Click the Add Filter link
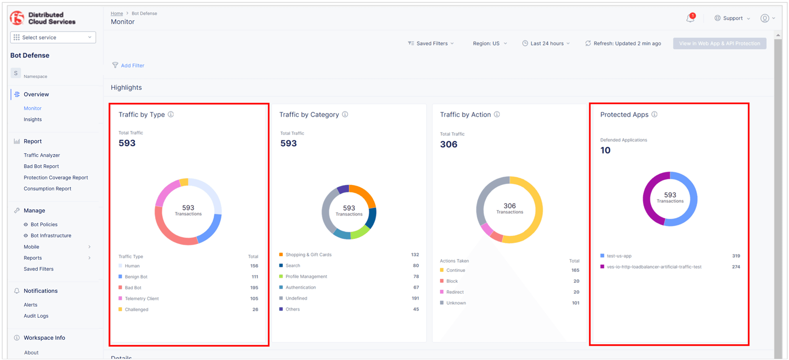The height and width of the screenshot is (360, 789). click(x=132, y=65)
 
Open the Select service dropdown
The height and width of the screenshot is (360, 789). click(x=53, y=37)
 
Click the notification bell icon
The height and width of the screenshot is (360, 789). click(x=690, y=18)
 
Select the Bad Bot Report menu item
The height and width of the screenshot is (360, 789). click(x=41, y=166)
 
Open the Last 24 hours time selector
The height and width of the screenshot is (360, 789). click(x=547, y=44)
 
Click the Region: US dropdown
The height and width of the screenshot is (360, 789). click(x=490, y=44)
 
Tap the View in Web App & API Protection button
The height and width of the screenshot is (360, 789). click(x=719, y=44)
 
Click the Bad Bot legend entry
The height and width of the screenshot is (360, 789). click(x=133, y=288)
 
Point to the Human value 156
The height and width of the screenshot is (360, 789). click(x=254, y=266)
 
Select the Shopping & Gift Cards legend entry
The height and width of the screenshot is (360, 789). click(x=308, y=255)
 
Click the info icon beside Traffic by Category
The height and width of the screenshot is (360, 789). click(x=345, y=114)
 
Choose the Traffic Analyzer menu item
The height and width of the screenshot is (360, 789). click(x=42, y=155)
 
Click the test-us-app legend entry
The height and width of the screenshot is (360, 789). click(x=619, y=256)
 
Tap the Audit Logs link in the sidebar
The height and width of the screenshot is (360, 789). click(x=36, y=316)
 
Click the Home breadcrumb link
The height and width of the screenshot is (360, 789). click(x=117, y=13)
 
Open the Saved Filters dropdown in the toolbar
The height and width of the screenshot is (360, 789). click(x=431, y=44)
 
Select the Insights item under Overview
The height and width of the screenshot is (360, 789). click(x=33, y=119)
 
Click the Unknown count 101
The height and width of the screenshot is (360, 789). click(x=575, y=303)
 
